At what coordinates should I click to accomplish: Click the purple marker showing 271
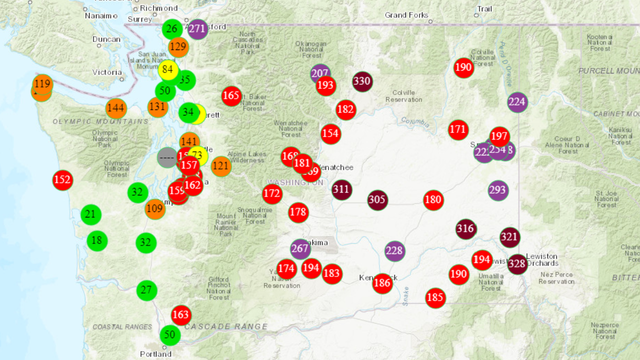pos(197,29)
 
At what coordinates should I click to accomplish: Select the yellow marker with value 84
pos(168,68)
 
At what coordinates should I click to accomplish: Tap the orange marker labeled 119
pos(42,85)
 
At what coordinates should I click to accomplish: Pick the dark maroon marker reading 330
pos(362,82)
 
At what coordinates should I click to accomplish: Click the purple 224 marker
pos(517,102)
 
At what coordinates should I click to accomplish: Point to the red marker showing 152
pos(62,180)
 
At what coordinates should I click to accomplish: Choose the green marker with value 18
pos(96,240)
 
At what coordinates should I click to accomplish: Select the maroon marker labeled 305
pos(377,200)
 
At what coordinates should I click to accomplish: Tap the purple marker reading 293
pos(498,190)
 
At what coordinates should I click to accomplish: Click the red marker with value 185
pos(435,297)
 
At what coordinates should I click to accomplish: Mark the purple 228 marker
pos(394,250)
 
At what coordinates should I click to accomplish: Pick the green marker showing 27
pos(146,290)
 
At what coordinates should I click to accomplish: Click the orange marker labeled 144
pos(116,108)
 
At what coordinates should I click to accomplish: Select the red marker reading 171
pos(458,129)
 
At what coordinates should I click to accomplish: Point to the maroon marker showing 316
pos(466,229)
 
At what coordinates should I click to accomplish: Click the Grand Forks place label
pos(407,15)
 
